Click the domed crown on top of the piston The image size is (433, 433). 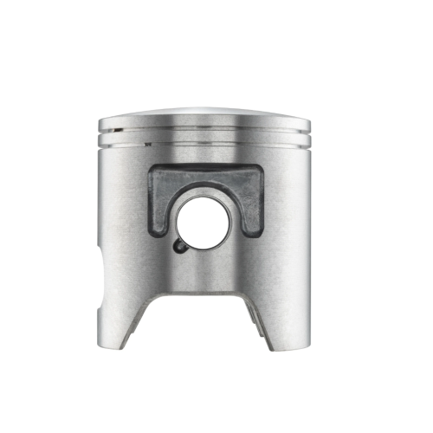204,117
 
